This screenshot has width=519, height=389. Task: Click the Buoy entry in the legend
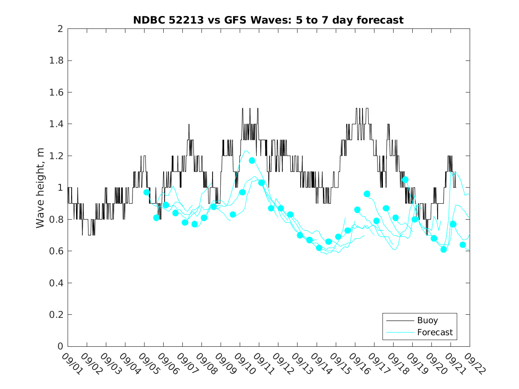click(427, 320)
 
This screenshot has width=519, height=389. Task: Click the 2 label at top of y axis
click(60, 29)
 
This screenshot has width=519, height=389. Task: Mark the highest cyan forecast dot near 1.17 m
click(252, 160)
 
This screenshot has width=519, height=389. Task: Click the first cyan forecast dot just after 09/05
click(147, 192)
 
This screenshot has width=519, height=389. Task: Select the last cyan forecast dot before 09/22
click(463, 245)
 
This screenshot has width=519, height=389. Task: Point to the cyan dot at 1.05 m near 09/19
click(405, 180)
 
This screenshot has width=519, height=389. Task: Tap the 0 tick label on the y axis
click(60, 346)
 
